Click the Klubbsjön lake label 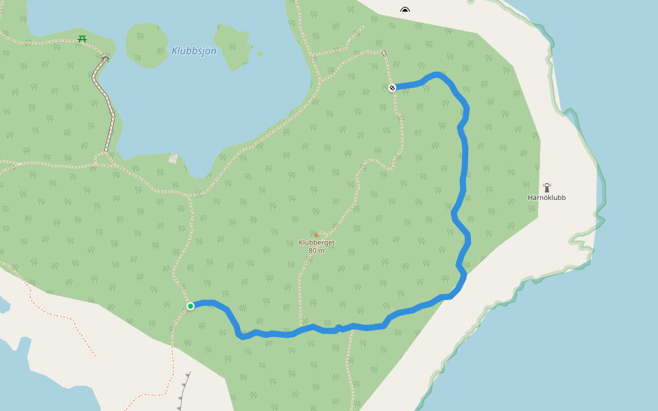click(x=194, y=51)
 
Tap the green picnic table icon click(x=82, y=38)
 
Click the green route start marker click(x=191, y=306)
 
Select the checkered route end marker click(x=392, y=88)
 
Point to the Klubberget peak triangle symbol click(x=316, y=235)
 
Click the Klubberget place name click(x=316, y=242)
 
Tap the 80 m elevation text click(x=316, y=251)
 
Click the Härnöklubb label click(x=546, y=197)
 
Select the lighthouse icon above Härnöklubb click(x=547, y=187)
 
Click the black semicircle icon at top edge click(x=405, y=10)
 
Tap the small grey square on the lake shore click(x=173, y=158)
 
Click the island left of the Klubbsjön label click(x=147, y=44)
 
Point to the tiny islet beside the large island click(x=259, y=53)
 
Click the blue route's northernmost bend click(x=436, y=73)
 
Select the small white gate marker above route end click(x=384, y=53)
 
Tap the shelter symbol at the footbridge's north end click(x=105, y=59)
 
